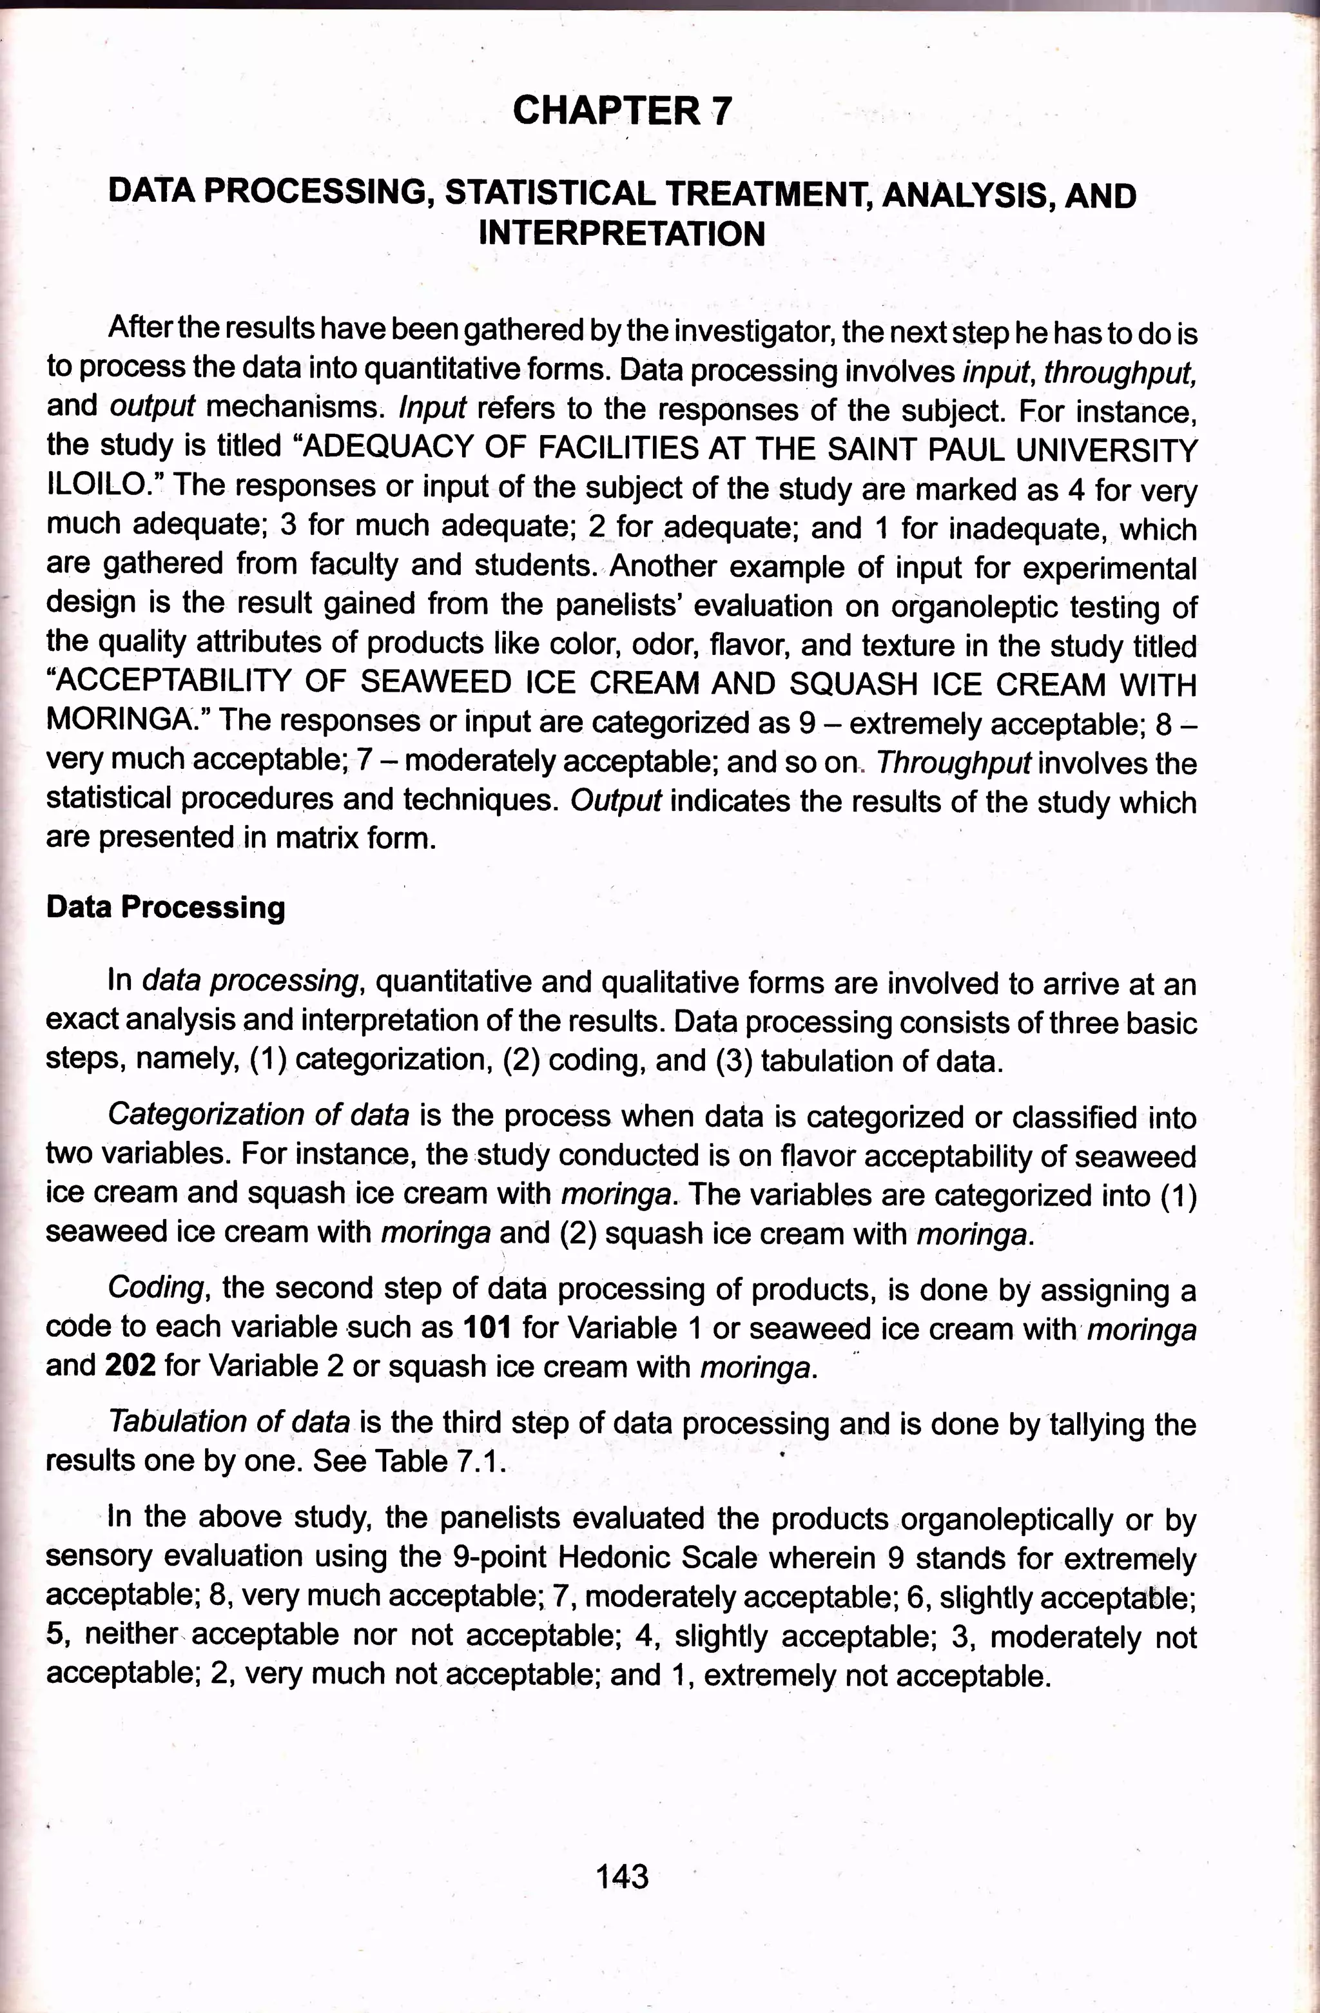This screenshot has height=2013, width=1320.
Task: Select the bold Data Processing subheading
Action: pos(166,907)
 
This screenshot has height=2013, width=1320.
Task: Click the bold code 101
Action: pos(488,1328)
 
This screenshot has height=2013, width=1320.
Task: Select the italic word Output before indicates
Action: pos(615,801)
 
